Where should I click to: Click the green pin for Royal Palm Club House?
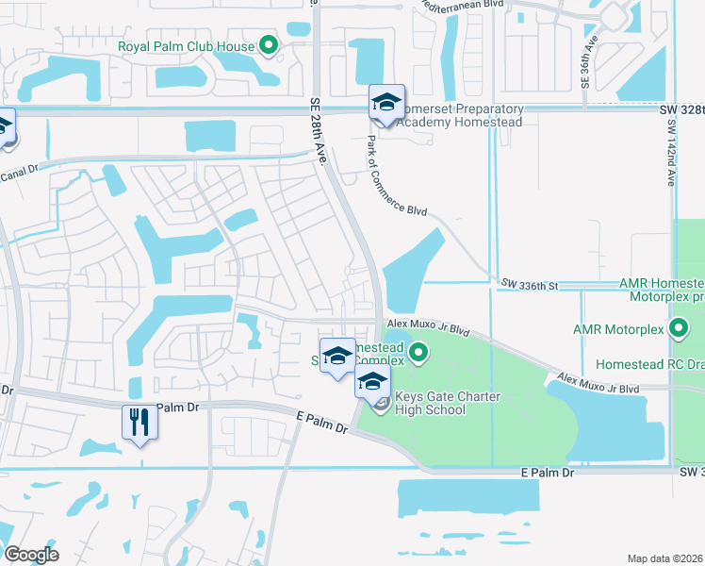269,44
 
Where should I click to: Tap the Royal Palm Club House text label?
186,46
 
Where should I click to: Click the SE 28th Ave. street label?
318,131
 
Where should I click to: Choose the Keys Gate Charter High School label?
431,404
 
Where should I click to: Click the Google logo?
31,555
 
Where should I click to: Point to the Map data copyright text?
665,558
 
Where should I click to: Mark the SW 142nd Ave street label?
671,158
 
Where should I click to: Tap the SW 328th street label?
682,109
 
